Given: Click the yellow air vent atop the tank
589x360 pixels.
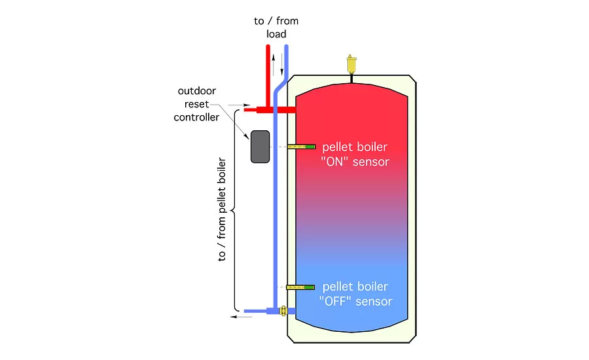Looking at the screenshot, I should pyautogui.click(x=351, y=65).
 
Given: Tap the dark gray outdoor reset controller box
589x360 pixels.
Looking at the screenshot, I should pyautogui.click(x=260, y=146).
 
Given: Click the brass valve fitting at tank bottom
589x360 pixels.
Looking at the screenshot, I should pyautogui.click(x=283, y=311).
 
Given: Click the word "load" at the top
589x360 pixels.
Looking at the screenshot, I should pyautogui.click(x=277, y=34).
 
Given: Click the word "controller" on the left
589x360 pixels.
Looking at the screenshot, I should pyautogui.click(x=196, y=117).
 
